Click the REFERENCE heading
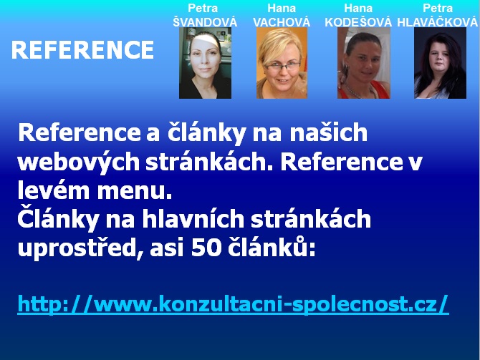[x=82, y=50]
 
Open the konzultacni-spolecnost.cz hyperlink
[x=233, y=304]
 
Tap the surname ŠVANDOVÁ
[x=205, y=22]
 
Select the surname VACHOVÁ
[x=282, y=22]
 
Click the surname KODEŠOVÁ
[x=358, y=22]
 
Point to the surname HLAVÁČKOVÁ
[x=438, y=22]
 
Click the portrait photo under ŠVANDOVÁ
[x=205, y=63]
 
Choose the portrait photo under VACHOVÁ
[x=282, y=63]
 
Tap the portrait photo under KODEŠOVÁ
[x=364, y=63]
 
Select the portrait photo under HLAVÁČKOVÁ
[x=440, y=63]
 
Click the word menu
[x=135, y=190]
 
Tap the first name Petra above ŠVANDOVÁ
[x=203, y=9]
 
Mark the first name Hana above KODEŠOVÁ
[x=358, y=9]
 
